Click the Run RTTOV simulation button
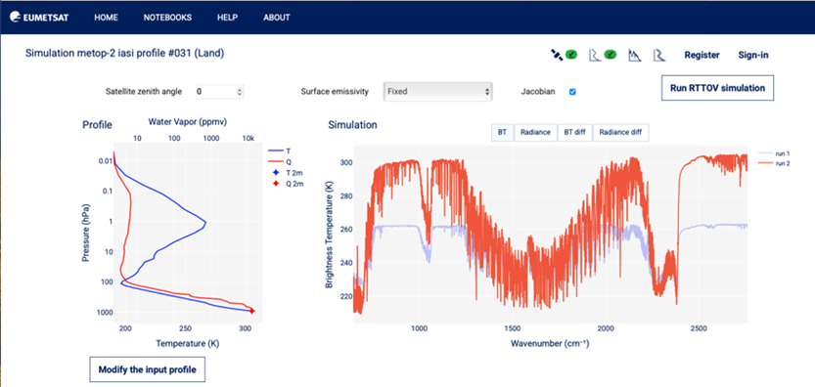click(717, 88)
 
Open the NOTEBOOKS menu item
click(167, 18)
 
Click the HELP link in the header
click(228, 18)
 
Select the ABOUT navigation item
click(277, 18)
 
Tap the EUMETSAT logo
click(39, 18)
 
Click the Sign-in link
click(753, 55)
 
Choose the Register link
click(702, 55)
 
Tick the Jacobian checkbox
click(572, 92)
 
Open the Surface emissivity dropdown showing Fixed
click(437, 92)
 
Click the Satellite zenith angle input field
click(219, 92)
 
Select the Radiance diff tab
click(620, 132)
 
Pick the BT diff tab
click(575, 132)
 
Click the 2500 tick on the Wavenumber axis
click(698, 328)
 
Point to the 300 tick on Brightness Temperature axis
click(345, 162)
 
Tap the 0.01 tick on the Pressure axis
click(106, 161)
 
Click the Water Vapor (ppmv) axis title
click(188, 122)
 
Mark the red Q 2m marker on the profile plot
click(252, 311)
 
